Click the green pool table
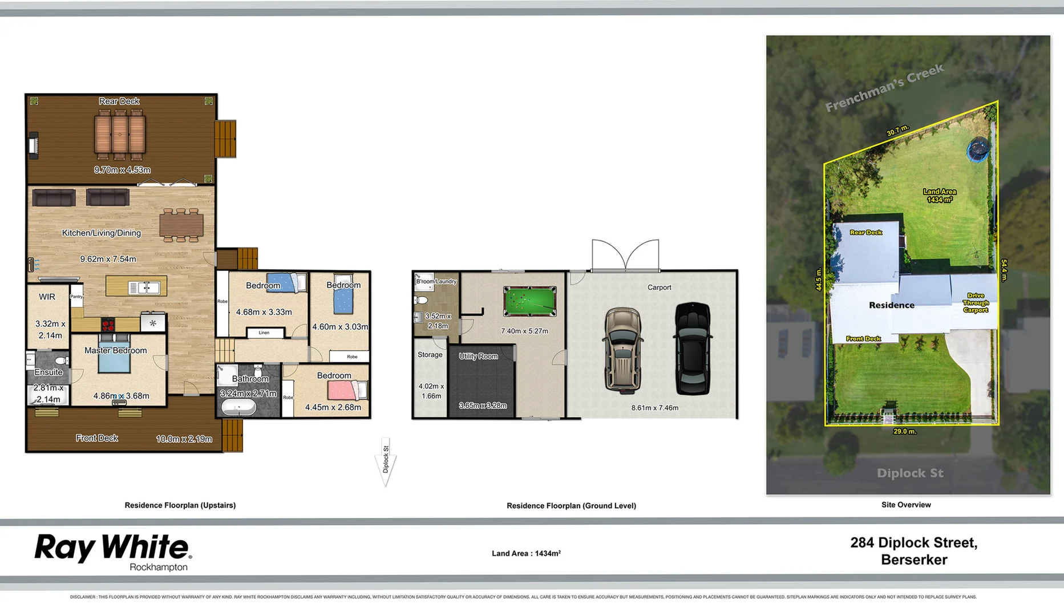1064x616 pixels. [529, 301]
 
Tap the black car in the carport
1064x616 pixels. [693, 348]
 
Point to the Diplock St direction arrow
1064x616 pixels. [386, 463]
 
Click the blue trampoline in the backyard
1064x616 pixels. [977, 150]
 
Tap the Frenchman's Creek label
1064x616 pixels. [884, 88]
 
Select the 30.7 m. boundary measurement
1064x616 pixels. [897, 131]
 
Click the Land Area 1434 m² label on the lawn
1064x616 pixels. [940, 196]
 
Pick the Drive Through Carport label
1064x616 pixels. [976, 303]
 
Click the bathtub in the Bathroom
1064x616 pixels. [238, 407]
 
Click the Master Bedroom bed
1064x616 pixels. [114, 360]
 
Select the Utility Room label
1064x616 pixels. [478, 356]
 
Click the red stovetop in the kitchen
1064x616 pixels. [108, 325]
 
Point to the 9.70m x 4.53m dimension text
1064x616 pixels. [122, 170]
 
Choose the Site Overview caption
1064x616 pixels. [906, 505]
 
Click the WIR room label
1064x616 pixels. [47, 297]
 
